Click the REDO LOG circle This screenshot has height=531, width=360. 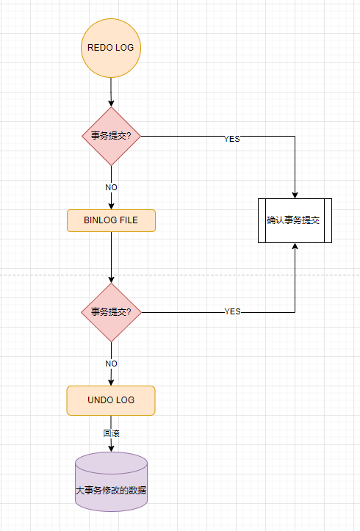[110, 48]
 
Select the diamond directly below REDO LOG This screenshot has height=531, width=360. [111, 137]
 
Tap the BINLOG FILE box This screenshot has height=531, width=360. [111, 220]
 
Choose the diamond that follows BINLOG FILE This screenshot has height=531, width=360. [111, 312]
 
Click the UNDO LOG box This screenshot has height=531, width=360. [111, 400]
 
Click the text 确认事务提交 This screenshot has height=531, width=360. [294, 220]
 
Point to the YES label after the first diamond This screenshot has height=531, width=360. [231, 138]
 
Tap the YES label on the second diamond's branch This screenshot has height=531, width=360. [232, 311]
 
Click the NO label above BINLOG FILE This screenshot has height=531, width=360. [111, 187]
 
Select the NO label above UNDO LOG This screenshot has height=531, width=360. [111, 363]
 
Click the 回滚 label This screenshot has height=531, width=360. [111, 433]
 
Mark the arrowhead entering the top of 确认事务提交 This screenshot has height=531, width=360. [295, 194]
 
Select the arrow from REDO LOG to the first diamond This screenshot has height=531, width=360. [111, 92]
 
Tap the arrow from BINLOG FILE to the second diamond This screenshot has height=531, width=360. [111, 257]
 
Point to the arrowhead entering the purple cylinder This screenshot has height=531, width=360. [111, 448]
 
